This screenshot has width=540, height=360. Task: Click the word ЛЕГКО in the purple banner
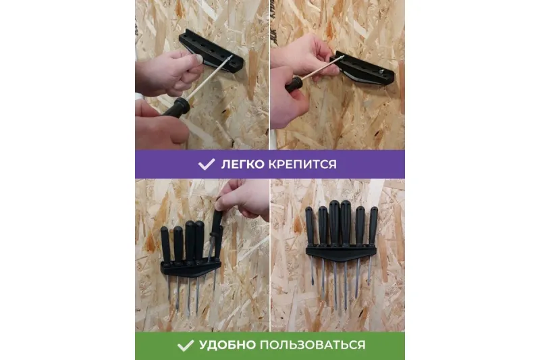(242, 164)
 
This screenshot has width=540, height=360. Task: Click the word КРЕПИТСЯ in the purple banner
(302, 164)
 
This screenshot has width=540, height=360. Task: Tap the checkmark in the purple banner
(207, 164)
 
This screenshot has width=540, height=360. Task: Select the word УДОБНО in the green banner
(227, 345)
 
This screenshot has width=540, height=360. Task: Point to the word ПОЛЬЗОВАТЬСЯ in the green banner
(313, 345)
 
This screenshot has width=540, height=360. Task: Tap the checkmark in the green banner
(185, 345)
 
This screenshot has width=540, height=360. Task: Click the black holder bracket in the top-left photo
(211, 51)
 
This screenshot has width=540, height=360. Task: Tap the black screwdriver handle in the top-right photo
(294, 84)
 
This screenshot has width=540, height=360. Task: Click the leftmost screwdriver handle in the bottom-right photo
(310, 227)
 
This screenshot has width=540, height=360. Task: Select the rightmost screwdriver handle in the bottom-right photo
(373, 226)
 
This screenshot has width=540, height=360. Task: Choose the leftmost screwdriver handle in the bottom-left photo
(165, 245)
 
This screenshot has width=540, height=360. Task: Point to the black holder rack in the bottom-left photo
(190, 267)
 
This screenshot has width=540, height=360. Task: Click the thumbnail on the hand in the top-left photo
(198, 59)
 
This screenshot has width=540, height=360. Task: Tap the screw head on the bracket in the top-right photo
(381, 72)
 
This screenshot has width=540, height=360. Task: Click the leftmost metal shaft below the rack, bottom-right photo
(313, 272)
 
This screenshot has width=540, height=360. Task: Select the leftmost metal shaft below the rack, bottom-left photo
(169, 287)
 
